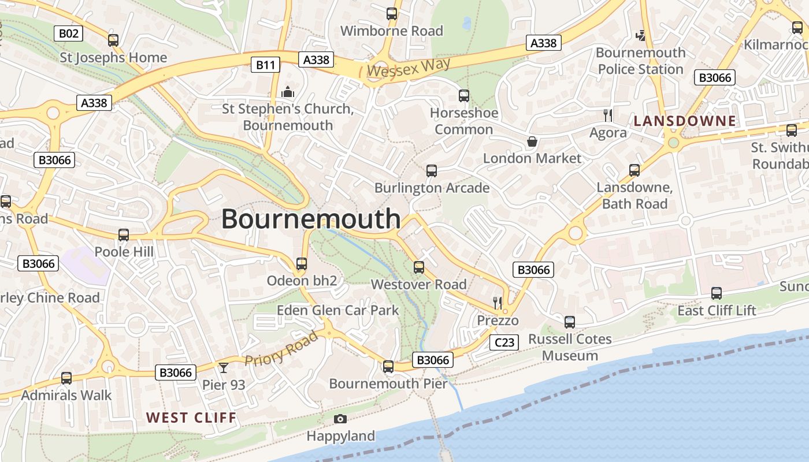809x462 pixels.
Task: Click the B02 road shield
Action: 68,33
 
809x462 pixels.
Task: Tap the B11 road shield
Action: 266,64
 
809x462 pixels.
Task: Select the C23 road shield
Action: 504,342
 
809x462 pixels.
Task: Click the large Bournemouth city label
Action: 311,219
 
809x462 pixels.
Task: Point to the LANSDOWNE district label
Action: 685,121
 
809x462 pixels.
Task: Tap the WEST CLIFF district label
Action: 191,418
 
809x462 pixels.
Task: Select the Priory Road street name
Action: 281,349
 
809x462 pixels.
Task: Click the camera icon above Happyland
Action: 340,419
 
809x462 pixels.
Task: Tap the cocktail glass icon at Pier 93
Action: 224,368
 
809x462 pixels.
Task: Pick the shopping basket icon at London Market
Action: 532,141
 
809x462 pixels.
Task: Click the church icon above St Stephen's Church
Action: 287,92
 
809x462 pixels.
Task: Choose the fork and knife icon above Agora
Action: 607,115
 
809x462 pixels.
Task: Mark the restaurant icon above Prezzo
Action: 498,303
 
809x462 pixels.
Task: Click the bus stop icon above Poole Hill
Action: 124,235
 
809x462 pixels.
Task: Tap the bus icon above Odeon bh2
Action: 301,264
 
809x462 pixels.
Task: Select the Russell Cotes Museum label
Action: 570,347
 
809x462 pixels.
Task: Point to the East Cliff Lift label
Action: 717,311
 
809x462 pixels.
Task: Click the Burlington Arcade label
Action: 432,188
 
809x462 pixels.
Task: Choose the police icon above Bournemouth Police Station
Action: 640,36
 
